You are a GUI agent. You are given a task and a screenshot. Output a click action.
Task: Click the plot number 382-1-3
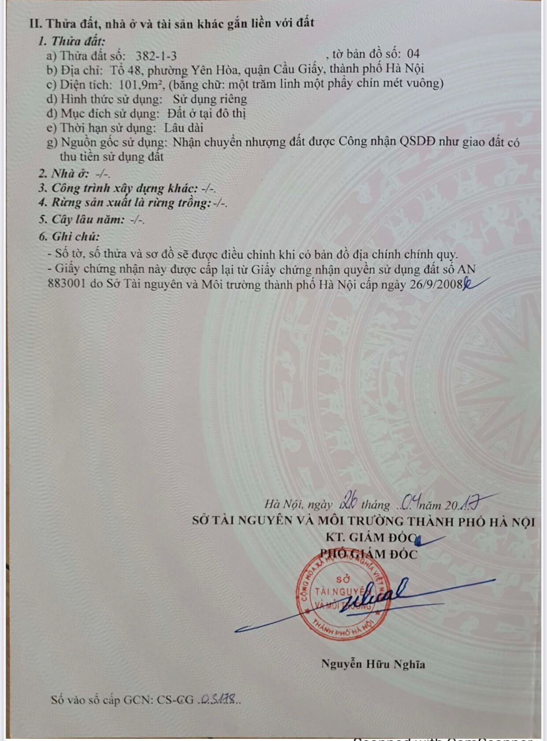click(156, 56)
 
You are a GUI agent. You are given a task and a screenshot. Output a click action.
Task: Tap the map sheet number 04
click(413, 54)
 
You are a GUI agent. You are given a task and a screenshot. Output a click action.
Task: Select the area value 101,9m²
click(141, 84)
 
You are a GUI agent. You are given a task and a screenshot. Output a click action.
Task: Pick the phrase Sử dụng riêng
click(210, 99)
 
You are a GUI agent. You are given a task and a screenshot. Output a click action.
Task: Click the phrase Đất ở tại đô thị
click(206, 113)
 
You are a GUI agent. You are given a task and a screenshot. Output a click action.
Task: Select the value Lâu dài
click(184, 128)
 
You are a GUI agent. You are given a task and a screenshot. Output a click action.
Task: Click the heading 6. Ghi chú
click(69, 237)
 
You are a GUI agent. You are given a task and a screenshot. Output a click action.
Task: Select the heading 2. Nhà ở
click(64, 174)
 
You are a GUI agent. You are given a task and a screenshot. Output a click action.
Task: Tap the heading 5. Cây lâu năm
click(81, 220)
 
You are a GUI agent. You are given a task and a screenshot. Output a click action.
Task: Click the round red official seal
click(343, 600)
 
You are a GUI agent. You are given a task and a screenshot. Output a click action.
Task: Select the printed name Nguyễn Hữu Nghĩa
click(373, 664)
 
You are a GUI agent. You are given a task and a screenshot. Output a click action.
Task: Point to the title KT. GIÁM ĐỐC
click(371, 537)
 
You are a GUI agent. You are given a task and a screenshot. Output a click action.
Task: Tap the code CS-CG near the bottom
click(175, 700)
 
